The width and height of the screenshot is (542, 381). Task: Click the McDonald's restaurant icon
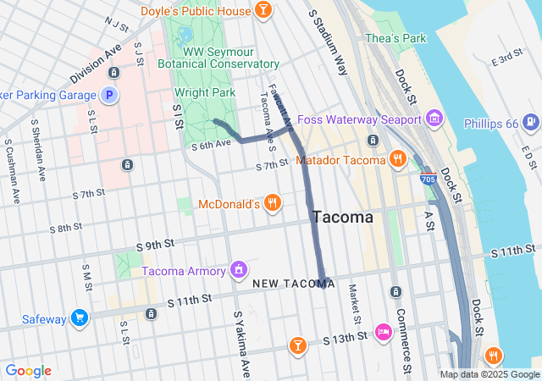click(271, 203)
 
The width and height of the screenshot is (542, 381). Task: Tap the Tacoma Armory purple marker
click(239, 270)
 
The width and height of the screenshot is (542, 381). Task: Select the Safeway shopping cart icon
click(80, 318)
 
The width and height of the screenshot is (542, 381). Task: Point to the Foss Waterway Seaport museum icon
click(434, 117)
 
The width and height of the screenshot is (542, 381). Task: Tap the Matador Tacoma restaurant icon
click(397, 157)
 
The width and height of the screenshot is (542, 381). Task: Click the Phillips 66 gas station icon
click(529, 123)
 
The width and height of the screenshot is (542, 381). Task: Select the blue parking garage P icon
click(108, 95)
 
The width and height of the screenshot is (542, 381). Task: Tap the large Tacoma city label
click(342, 217)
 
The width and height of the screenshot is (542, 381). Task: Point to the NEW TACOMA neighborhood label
click(293, 283)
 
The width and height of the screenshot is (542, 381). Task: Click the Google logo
click(28, 371)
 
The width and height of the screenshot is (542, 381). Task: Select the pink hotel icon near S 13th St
click(383, 331)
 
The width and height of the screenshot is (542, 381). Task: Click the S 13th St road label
click(346, 339)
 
